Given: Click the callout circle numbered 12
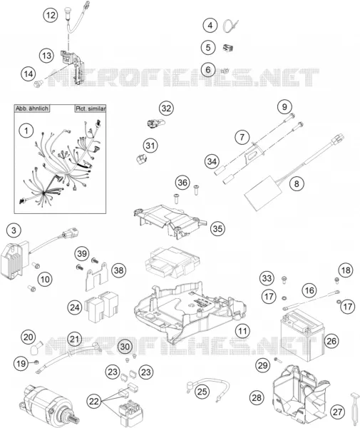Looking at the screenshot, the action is [51, 15].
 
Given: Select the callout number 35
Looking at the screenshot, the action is [217, 228].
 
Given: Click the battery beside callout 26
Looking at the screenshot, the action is [302, 337].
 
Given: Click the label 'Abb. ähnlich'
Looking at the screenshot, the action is [32, 108].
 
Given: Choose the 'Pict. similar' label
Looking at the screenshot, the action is [91, 108].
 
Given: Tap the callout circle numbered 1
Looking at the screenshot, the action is [26, 131].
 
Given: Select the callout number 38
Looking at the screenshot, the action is [118, 270].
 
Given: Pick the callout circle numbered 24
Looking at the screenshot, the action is [75, 307].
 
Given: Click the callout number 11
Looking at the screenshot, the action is [242, 331].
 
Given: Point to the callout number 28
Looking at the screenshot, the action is [257, 398].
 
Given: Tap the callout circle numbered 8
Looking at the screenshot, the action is [297, 184].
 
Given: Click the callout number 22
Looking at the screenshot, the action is [94, 401].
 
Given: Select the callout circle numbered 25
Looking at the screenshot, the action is [202, 392].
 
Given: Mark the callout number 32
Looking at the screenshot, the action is [166, 108].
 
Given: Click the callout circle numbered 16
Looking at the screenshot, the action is [309, 290].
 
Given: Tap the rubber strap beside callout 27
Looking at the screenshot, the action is [354, 409].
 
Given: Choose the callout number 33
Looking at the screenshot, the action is [267, 278].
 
